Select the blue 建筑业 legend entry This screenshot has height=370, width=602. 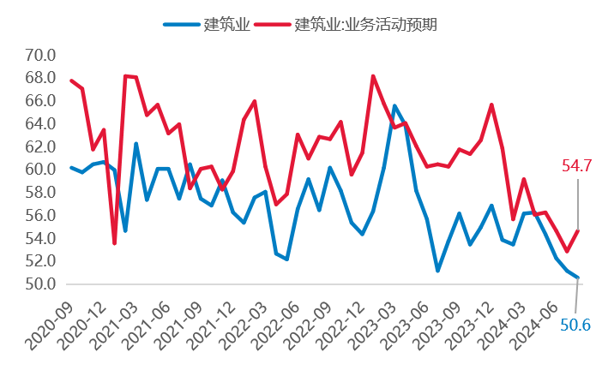point(207,24)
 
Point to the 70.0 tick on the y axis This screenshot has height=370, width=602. point(40,55)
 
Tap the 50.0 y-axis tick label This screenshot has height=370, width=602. point(40,283)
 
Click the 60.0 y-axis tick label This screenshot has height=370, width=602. point(40,170)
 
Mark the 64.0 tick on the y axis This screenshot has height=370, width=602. point(40,123)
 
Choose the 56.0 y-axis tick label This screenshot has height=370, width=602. point(40,215)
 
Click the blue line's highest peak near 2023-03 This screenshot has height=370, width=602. point(394,105)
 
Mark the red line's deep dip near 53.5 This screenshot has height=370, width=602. point(114,243)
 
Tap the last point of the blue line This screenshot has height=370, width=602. point(578,277)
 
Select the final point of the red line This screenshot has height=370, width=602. point(578,230)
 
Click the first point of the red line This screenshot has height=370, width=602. point(71,81)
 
